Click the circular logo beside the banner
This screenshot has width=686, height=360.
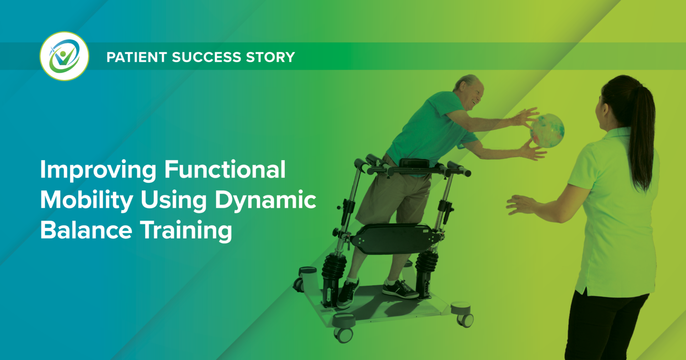pos(64,56)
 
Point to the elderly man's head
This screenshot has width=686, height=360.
pos(469,91)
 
